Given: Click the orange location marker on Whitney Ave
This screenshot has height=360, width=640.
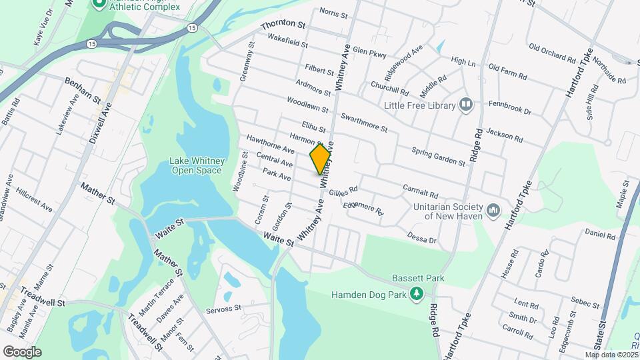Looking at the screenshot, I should pyautogui.click(x=321, y=158).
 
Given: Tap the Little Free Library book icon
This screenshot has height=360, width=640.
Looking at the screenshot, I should pyautogui.click(x=466, y=105).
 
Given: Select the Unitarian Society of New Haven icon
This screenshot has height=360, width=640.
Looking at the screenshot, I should pyautogui.click(x=493, y=211).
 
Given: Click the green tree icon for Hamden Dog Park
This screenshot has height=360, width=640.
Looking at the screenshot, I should pyautogui.click(x=417, y=293).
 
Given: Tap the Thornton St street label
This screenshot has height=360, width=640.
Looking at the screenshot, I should pyautogui.click(x=283, y=26).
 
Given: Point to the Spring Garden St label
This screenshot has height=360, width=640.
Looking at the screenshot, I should pyautogui.click(x=438, y=157).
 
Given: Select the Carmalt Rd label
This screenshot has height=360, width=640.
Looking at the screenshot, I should pyautogui.click(x=420, y=191).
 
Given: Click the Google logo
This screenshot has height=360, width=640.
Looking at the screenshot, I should pyautogui.click(x=22, y=351).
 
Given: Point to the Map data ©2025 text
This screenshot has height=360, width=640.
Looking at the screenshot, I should pyautogui.click(x=611, y=355).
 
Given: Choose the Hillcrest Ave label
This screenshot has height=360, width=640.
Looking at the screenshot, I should pyautogui.click(x=34, y=199).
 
